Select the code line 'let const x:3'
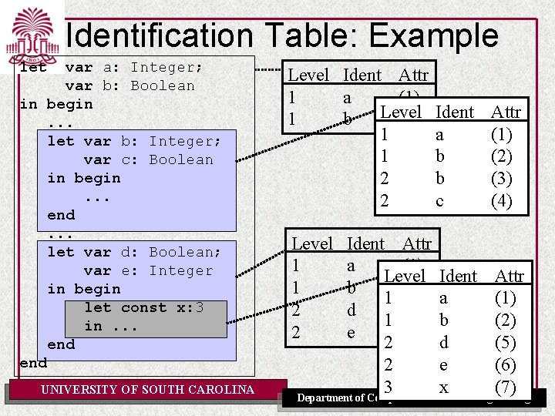[144, 307]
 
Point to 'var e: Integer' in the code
[148, 270]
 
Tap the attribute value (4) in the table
[502, 201]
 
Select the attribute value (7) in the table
[506, 387]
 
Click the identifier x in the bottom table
[443, 387]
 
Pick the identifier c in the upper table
[439, 201]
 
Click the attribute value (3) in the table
[502, 179]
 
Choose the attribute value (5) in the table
[506, 343]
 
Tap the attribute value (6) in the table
[506, 365]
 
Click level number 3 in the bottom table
[388, 387]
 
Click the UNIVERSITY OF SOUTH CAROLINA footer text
[147, 390]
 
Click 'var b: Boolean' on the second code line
[129, 86]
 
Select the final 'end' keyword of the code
[33, 363]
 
